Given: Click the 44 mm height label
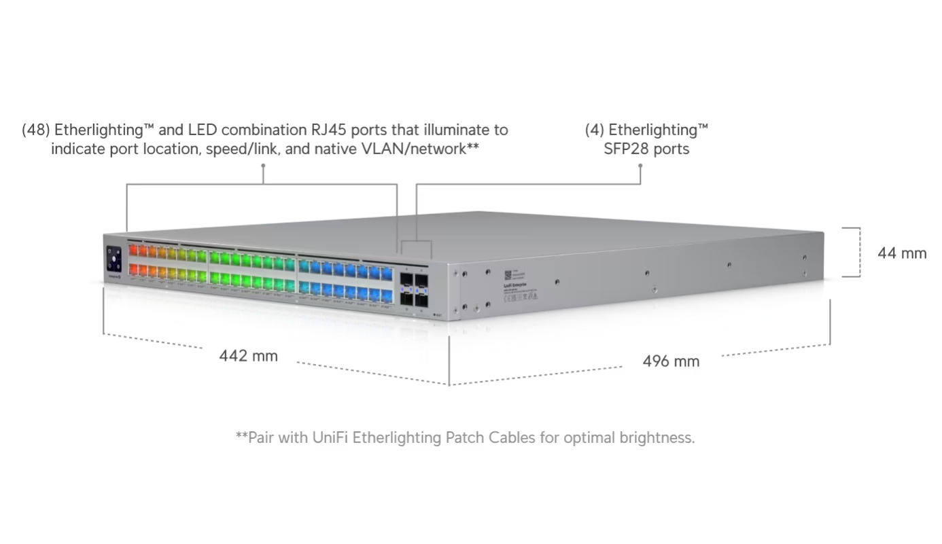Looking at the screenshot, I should point(902,253).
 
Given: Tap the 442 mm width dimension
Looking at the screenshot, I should point(248,356).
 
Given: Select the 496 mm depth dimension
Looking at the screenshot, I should point(671,361).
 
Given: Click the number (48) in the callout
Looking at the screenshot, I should point(35,130).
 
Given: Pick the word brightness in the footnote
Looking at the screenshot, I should point(655,437).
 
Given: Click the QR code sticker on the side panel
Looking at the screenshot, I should point(507,274).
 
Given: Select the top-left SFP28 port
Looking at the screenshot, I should point(407,278).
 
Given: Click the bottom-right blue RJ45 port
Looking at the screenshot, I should point(387,296).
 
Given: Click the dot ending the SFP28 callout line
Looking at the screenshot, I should point(640,165).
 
